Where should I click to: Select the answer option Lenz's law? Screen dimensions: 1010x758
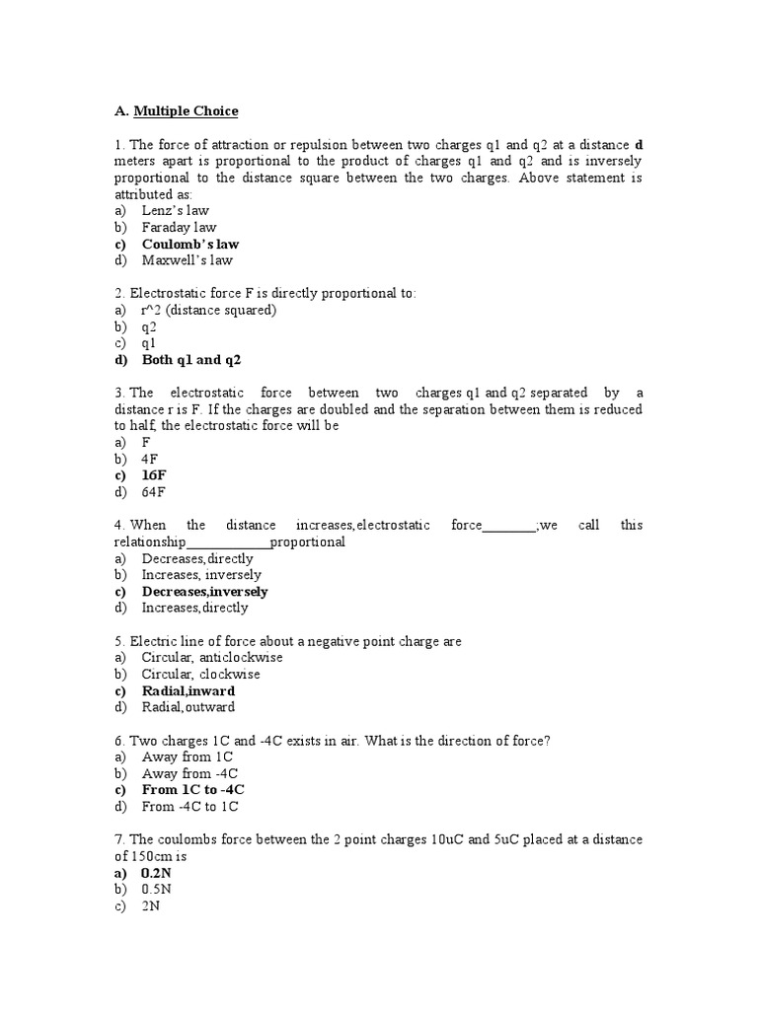coord(175,210)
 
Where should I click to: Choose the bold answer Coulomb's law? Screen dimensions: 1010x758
coord(189,244)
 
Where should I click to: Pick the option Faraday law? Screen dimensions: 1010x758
coord(179,227)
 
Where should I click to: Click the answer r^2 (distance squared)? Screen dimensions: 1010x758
coord(208,310)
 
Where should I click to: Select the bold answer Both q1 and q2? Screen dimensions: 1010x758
coord(191,360)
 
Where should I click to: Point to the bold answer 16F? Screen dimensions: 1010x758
coord(154,475)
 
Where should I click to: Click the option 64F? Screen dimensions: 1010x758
coord(154,492)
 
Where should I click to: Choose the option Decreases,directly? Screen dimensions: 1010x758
coord(197,558)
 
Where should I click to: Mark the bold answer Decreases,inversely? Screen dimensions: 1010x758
coord(204,592)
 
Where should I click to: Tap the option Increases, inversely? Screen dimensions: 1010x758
coord(201,575)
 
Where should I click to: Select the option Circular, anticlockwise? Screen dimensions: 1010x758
coord(212,657)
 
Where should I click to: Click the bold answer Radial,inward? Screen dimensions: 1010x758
coord(188,690)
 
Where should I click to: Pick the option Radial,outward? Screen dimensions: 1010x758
coord(189,707)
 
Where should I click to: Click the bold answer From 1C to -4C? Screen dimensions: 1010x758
coord(192,790)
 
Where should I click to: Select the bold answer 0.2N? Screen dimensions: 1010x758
coord(156,873)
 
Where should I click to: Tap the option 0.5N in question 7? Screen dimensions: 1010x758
coord(156,890)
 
